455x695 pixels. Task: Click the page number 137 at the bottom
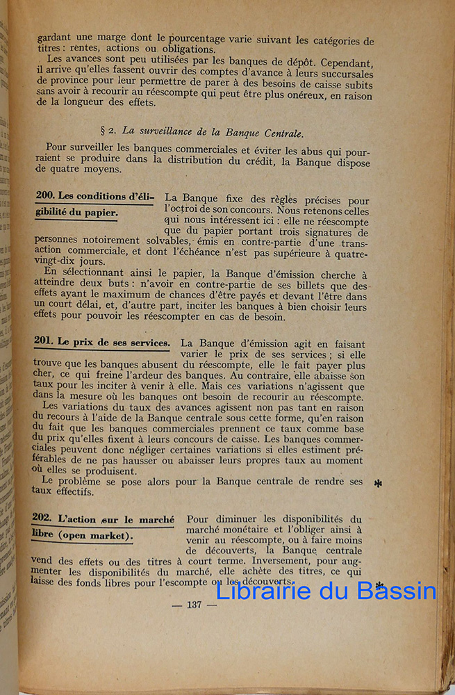194,605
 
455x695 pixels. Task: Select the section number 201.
44,341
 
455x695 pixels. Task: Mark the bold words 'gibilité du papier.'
76,213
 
